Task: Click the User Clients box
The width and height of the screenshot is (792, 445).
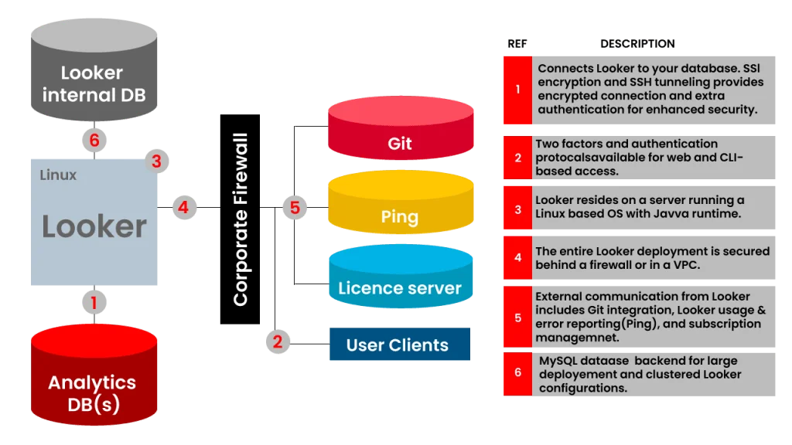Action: pos(398,345)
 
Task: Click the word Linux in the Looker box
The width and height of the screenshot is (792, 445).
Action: pos(58,175)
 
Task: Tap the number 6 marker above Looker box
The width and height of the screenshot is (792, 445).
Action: pos(94,141)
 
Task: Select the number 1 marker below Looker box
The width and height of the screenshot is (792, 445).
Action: pos(94,303)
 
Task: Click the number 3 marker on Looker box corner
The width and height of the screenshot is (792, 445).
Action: pos(156,161)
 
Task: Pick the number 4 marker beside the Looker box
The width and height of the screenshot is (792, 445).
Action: pos(183,207)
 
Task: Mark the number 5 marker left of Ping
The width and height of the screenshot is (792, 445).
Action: pos(295,207)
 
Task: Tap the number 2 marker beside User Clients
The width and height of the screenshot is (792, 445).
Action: pos(278,341)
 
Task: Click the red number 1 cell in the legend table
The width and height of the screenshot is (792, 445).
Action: pos(517,90)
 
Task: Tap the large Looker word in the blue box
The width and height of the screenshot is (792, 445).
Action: pos(94,226)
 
